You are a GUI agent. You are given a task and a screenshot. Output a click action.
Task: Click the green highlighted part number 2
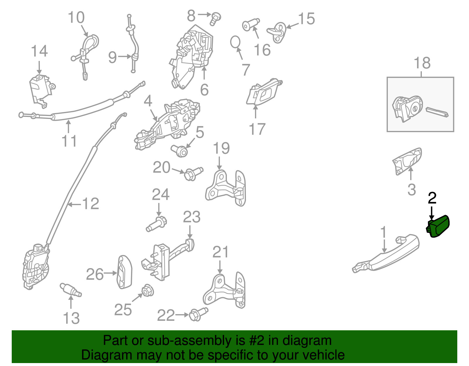pos(438,227)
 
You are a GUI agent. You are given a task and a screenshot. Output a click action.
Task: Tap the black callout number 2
pos(432,198)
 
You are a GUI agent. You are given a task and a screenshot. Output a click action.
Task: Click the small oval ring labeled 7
pos(235,42)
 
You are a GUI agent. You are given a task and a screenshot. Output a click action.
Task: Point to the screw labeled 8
pos(215,19)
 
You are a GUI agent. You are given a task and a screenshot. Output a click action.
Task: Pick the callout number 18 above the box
pos(422,63)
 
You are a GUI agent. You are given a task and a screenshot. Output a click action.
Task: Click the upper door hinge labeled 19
pos(225,188)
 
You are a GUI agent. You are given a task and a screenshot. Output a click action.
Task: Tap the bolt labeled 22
pos(198,314)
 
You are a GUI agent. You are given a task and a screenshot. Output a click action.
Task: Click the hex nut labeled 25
pos(148,290)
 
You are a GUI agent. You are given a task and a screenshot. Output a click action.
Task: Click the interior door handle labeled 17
pos(264,92)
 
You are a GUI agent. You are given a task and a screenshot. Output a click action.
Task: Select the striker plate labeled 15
pos(277,33)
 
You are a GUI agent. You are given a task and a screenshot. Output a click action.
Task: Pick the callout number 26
pos(95,274)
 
